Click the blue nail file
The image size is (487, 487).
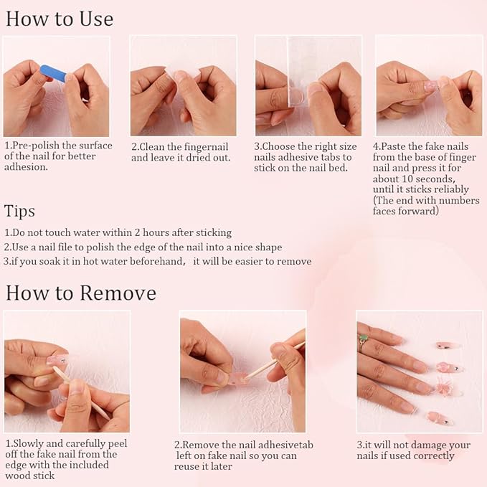click(53, 74)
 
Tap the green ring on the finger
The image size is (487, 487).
click(363, 339)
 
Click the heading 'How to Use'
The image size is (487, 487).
click(60, 19)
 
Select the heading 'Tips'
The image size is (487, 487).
click(19, 212)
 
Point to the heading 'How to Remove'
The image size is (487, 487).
click(81, 293)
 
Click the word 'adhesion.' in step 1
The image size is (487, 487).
click(26, 167)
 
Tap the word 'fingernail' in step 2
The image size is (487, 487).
click(207, 147)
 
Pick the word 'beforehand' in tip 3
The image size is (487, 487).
click(157, 261)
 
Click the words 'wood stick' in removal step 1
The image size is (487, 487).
click(30, 476)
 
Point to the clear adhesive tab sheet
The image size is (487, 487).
click(302, 72)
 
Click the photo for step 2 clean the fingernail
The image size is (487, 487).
click(183, 85)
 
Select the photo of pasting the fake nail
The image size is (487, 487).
click(429, 85)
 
